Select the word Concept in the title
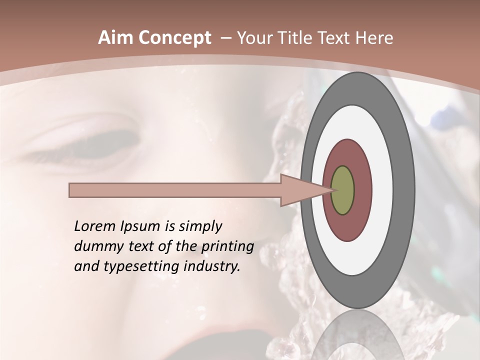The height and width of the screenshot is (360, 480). pyautogui.click(x=174, y=38)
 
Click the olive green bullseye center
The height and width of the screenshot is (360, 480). pyautogui.click(x=342, y=190)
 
